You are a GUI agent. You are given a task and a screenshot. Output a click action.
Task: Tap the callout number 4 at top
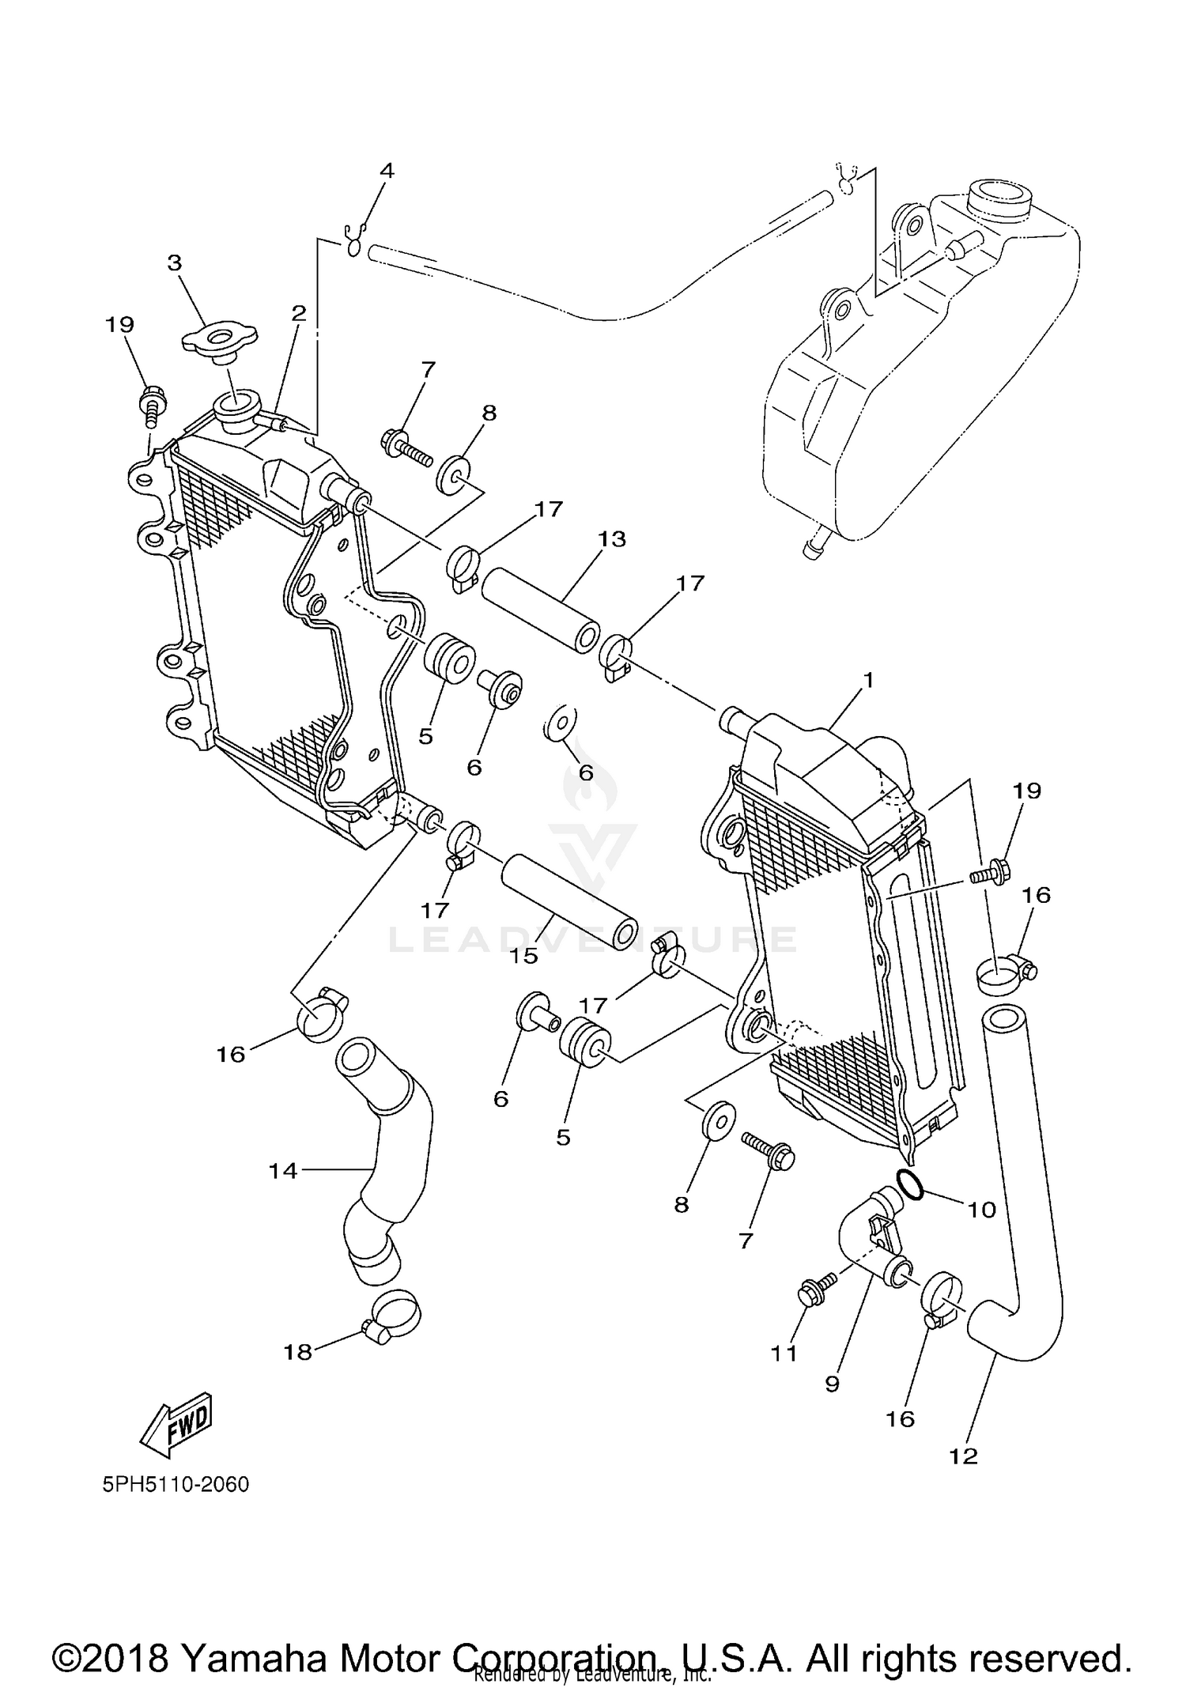[387, 171]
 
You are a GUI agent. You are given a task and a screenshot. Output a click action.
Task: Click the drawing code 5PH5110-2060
[176, 1484]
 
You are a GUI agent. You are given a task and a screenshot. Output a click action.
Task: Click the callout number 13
[612, 539]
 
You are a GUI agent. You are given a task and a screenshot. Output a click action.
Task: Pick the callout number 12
[964, 1456]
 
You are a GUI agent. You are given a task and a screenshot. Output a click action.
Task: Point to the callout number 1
[868, 680]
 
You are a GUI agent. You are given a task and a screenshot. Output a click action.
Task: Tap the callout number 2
[298, 313]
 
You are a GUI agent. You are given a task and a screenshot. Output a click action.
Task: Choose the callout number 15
[523, 956]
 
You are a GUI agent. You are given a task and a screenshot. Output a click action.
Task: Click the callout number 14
[282, 1170]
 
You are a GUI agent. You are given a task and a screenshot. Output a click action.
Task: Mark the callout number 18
[298, 1353]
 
